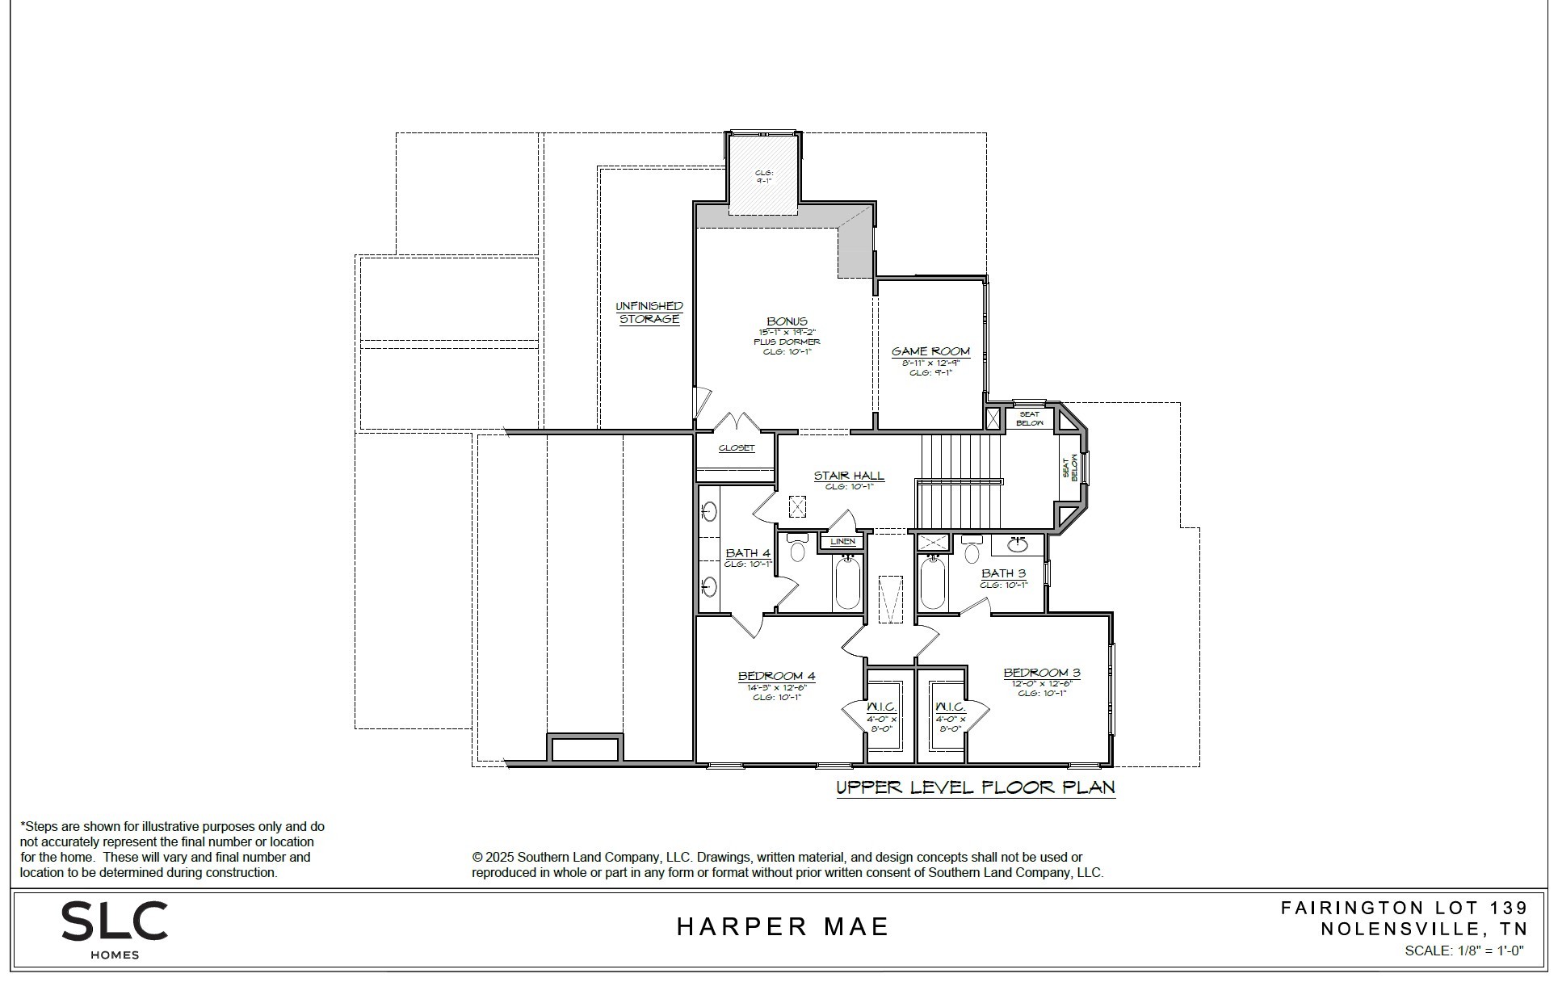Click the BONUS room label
tap(787, 321)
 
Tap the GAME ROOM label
tap(930, 351)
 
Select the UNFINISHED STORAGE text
tap(649, 313)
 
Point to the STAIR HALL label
tap(849, 476)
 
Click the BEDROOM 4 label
tap(776, 676)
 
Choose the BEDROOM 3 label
tap(1042, 673)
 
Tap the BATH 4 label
tap(747, 553)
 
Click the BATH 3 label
tap(1003, 573)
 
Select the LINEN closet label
tap(842, 541)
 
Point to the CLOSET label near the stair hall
tap(737, 447)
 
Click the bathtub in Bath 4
tap(847, 582)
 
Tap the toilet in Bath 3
tap(972, 551)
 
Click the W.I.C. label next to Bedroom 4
tap(882, 707)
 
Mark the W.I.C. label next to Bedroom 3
tap(950, 707)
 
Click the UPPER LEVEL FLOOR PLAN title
tap(976, 787)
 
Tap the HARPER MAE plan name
tap(782, 926)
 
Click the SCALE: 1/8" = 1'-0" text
tap(1464, 951)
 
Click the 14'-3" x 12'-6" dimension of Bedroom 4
tap(776, 687)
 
